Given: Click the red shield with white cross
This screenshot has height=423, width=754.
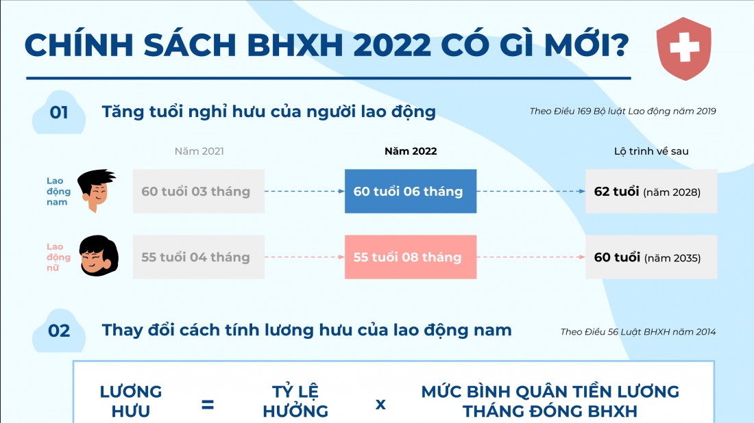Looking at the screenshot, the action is (684, 49).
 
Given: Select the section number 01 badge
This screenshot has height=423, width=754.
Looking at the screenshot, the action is (59, 112).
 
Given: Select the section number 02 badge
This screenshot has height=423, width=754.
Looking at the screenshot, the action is (59, 331).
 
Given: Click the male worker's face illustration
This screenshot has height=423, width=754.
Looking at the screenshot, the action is (96, 190).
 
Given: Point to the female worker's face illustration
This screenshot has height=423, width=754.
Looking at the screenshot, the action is (99, 256).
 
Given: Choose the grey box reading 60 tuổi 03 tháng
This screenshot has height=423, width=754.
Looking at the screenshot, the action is (199, 191).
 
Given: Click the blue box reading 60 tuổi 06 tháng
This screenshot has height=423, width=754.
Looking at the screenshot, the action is (411, 191).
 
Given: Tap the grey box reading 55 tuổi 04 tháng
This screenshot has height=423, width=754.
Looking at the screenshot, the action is (199, 257).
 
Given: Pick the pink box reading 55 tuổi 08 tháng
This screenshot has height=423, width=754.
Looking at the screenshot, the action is (411, 257).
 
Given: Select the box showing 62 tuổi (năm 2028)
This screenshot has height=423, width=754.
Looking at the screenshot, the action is (651, 191).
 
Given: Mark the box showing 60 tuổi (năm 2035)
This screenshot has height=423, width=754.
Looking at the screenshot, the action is (651, 257).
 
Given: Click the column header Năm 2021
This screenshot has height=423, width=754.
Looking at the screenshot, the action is (199, 151).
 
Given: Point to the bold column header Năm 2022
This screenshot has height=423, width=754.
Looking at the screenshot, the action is (411, 151).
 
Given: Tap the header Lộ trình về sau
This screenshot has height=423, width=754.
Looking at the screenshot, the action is (651, 151).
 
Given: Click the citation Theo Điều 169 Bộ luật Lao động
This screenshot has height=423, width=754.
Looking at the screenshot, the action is (622, 112).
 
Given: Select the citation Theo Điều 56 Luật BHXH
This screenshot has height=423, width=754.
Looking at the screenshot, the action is (638, 332).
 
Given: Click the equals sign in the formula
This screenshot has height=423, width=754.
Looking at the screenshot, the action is (208, 405).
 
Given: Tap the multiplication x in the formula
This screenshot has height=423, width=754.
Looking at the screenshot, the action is (380, 405).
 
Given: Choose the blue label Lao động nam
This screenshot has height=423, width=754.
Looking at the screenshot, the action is (58, 191).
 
